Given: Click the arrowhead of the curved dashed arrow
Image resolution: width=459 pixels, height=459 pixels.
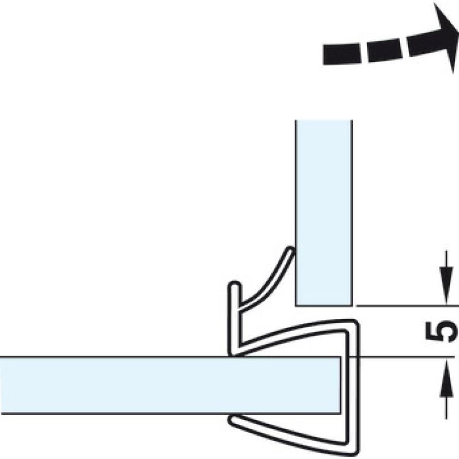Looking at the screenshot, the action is pos(446,37).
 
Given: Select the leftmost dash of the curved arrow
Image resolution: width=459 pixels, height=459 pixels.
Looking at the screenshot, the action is pos(341,54).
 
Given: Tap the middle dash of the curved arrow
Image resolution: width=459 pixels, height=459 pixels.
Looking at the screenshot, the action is pos(385,50).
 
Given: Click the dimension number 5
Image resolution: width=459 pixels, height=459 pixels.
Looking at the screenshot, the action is pos(441,332).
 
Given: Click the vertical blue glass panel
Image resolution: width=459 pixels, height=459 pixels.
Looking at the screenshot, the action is pos(324,213).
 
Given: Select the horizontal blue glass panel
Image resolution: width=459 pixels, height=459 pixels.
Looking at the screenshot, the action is pos(170,385).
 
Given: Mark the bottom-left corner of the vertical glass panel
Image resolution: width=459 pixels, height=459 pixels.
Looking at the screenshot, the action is pos(295,306).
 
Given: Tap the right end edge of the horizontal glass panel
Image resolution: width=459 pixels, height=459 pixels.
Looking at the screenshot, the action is pos(340,385).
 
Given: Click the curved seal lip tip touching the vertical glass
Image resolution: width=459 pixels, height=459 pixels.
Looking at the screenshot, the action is pos(290,250).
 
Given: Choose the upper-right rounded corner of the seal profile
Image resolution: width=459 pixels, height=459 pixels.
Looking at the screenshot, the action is pos(355,324).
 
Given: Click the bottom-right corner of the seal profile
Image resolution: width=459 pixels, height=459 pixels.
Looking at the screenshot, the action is pos(355,452).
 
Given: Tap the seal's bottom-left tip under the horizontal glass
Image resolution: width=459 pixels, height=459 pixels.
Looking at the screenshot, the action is pos(232,421).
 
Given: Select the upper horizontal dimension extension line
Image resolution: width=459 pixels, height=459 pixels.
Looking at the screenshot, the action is pos(407,306).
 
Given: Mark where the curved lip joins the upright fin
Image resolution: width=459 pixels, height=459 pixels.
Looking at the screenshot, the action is pos(240,307).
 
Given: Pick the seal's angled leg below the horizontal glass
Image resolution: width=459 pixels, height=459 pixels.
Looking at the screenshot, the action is pos(293,433).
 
